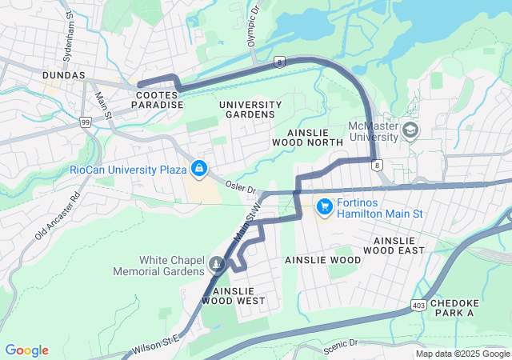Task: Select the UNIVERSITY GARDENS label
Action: tap(250, 110)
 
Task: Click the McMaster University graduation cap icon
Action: tap(410, 130)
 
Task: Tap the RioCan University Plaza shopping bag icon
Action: tap(198, 169)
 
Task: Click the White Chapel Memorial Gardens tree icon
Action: tap(216, 264)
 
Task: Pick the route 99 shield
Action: tap(86, 122)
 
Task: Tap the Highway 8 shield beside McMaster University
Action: tap(375, 165)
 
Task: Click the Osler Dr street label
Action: tap(240, 189)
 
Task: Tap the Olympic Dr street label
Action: tap(254, 26)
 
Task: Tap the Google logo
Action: tap(26, 350)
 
